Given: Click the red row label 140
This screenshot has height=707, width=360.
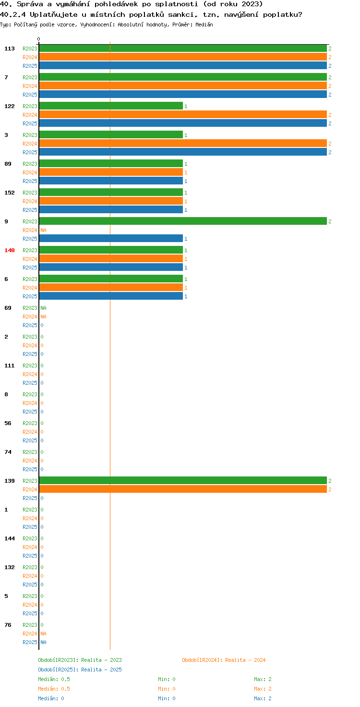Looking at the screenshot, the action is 10,250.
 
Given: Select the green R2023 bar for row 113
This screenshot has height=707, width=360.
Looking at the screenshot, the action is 183,49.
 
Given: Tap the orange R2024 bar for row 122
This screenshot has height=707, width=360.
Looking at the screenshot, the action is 183,115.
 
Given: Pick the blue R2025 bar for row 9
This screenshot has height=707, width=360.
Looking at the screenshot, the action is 111,239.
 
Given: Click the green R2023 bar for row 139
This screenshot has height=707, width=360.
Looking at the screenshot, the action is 183,480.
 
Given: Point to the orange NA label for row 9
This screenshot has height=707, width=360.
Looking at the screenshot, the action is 43,230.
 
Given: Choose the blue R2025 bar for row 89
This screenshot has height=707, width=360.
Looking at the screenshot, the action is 111,181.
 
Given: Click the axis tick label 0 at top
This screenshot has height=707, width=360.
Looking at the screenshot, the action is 38,39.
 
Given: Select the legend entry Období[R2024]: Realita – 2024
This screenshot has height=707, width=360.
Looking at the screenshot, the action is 224,660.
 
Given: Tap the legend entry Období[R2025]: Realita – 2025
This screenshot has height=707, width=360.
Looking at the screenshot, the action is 80,670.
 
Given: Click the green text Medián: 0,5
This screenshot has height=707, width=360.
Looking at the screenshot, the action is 54,679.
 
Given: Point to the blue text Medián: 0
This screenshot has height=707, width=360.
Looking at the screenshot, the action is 51,698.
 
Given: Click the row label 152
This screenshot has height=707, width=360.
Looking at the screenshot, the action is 10,193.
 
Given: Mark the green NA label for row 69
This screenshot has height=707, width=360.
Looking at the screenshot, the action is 43,308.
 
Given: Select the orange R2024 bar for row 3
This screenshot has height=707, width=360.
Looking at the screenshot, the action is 183,143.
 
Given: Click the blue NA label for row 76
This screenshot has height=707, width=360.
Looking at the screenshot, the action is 43,642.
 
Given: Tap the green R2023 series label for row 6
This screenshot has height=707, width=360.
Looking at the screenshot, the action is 30,279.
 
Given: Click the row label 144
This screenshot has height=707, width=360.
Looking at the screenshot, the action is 10,538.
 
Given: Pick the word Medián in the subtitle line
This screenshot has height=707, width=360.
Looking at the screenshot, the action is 204,24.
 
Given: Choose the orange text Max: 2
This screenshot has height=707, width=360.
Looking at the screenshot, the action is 263,689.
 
